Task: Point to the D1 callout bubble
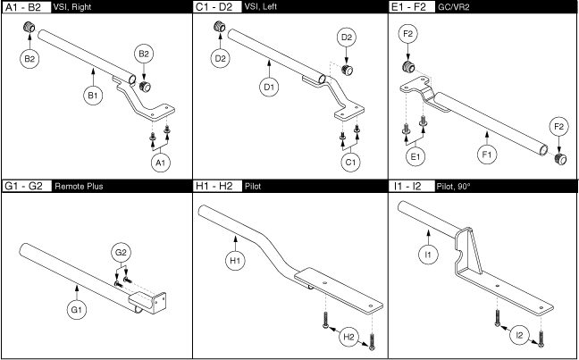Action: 269,87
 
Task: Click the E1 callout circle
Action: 415,155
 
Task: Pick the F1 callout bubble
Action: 487,155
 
